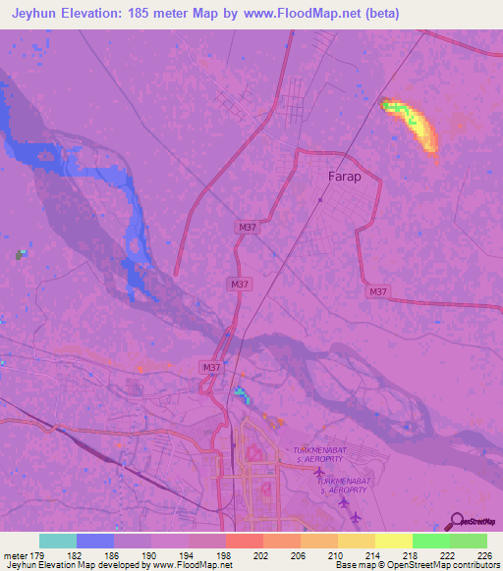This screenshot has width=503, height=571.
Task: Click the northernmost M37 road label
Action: pyautogui.click(x=248, y=228)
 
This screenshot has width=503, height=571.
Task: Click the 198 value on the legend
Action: pyautogui.click(x=225, y=553)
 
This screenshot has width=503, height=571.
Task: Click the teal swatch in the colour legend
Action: pyautogui.click(x=57, y=541)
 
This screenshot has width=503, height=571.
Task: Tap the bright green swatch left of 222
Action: pyautogui.click(x=430, y=541)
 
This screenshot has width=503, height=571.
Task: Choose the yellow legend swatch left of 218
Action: pyautogui.click(x=393, y=541)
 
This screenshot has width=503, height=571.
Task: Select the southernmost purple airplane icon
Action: pyautogui.click(x=356, y=517)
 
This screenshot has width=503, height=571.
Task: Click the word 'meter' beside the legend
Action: pyautogui.click(x=15, y=553)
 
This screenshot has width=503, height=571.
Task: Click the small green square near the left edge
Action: pyautogui.click(x=19, y=255)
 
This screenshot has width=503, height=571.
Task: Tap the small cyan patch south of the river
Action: pyautogui.click(x=241, y=394)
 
